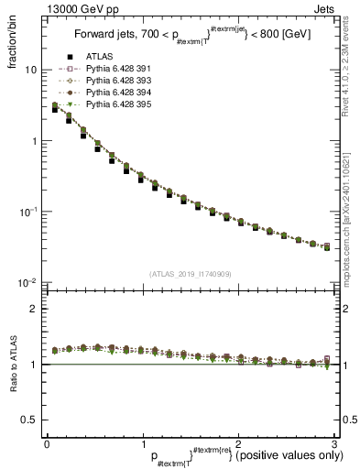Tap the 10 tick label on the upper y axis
(x=29, y=71)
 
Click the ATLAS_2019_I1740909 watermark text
(x=189, y=274)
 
